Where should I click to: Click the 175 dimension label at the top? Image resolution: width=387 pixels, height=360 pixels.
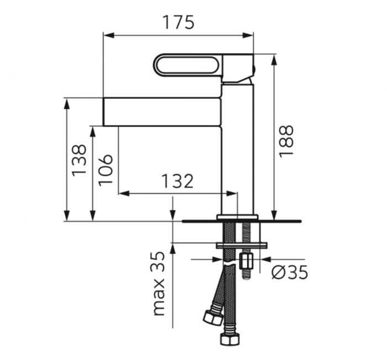[x=179, y=23]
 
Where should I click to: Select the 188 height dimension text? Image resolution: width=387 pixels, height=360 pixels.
[x=286, y=141]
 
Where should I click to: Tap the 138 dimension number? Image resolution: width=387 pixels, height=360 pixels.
[x=79, y=160]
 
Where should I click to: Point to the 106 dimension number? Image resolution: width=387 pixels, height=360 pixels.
[x=106, y=170]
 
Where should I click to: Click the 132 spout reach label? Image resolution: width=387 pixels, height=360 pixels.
[x=177, y=181]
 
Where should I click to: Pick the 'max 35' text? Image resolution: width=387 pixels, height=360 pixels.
[x=159, y=284]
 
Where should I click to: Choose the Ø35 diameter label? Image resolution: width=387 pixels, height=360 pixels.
[x=290, y=272]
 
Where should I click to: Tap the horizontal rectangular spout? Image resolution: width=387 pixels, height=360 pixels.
[x=162, y=112]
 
